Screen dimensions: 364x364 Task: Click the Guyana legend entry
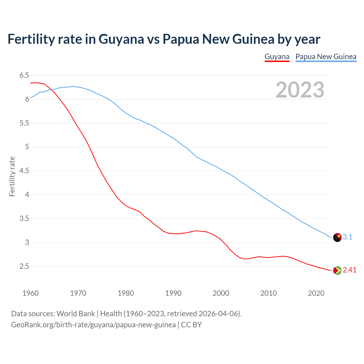277,57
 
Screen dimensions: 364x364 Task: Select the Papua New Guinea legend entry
326,57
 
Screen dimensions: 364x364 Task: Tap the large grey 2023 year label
300,90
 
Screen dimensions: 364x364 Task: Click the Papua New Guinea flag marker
337,237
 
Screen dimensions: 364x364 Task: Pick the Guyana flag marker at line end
337,270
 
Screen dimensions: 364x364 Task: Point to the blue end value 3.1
348,237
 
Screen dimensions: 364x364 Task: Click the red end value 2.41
349,270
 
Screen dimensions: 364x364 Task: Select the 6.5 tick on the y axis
24,75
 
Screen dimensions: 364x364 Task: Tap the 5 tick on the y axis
27,147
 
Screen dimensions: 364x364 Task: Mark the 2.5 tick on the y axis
24,266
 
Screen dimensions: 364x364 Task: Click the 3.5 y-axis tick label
24,219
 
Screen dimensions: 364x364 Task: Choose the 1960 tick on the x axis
30,293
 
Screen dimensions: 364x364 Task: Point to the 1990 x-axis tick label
173,293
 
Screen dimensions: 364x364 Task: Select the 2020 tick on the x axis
316,293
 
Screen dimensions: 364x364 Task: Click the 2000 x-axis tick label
221,293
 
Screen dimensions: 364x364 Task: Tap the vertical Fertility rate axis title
12,176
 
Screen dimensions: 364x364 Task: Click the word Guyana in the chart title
121,39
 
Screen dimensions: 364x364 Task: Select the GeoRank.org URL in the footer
93,325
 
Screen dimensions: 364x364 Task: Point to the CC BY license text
191,325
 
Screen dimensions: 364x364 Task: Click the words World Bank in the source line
76,314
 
